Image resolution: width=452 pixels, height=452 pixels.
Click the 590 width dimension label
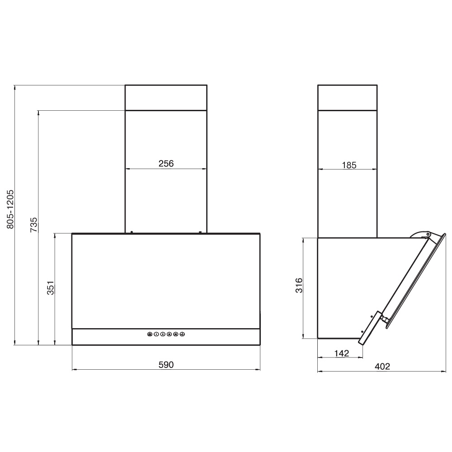[x=166, y=365]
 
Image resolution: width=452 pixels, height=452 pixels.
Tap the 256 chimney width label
[x=166, y=164]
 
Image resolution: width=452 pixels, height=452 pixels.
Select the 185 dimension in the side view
[x=349, y=165]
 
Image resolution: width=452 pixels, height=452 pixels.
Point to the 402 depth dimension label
[x=382, y=367]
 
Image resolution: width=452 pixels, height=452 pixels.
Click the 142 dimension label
[x=342, y=353]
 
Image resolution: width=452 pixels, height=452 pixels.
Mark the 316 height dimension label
[x=299, y=285]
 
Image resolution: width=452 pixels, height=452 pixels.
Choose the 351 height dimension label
[x=51, y=287]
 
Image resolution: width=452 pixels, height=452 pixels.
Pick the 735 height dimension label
[x=34, y=225]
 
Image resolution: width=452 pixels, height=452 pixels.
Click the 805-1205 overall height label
[x=10, y=209]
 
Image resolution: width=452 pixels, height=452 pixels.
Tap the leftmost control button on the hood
[x=150, y=334]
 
